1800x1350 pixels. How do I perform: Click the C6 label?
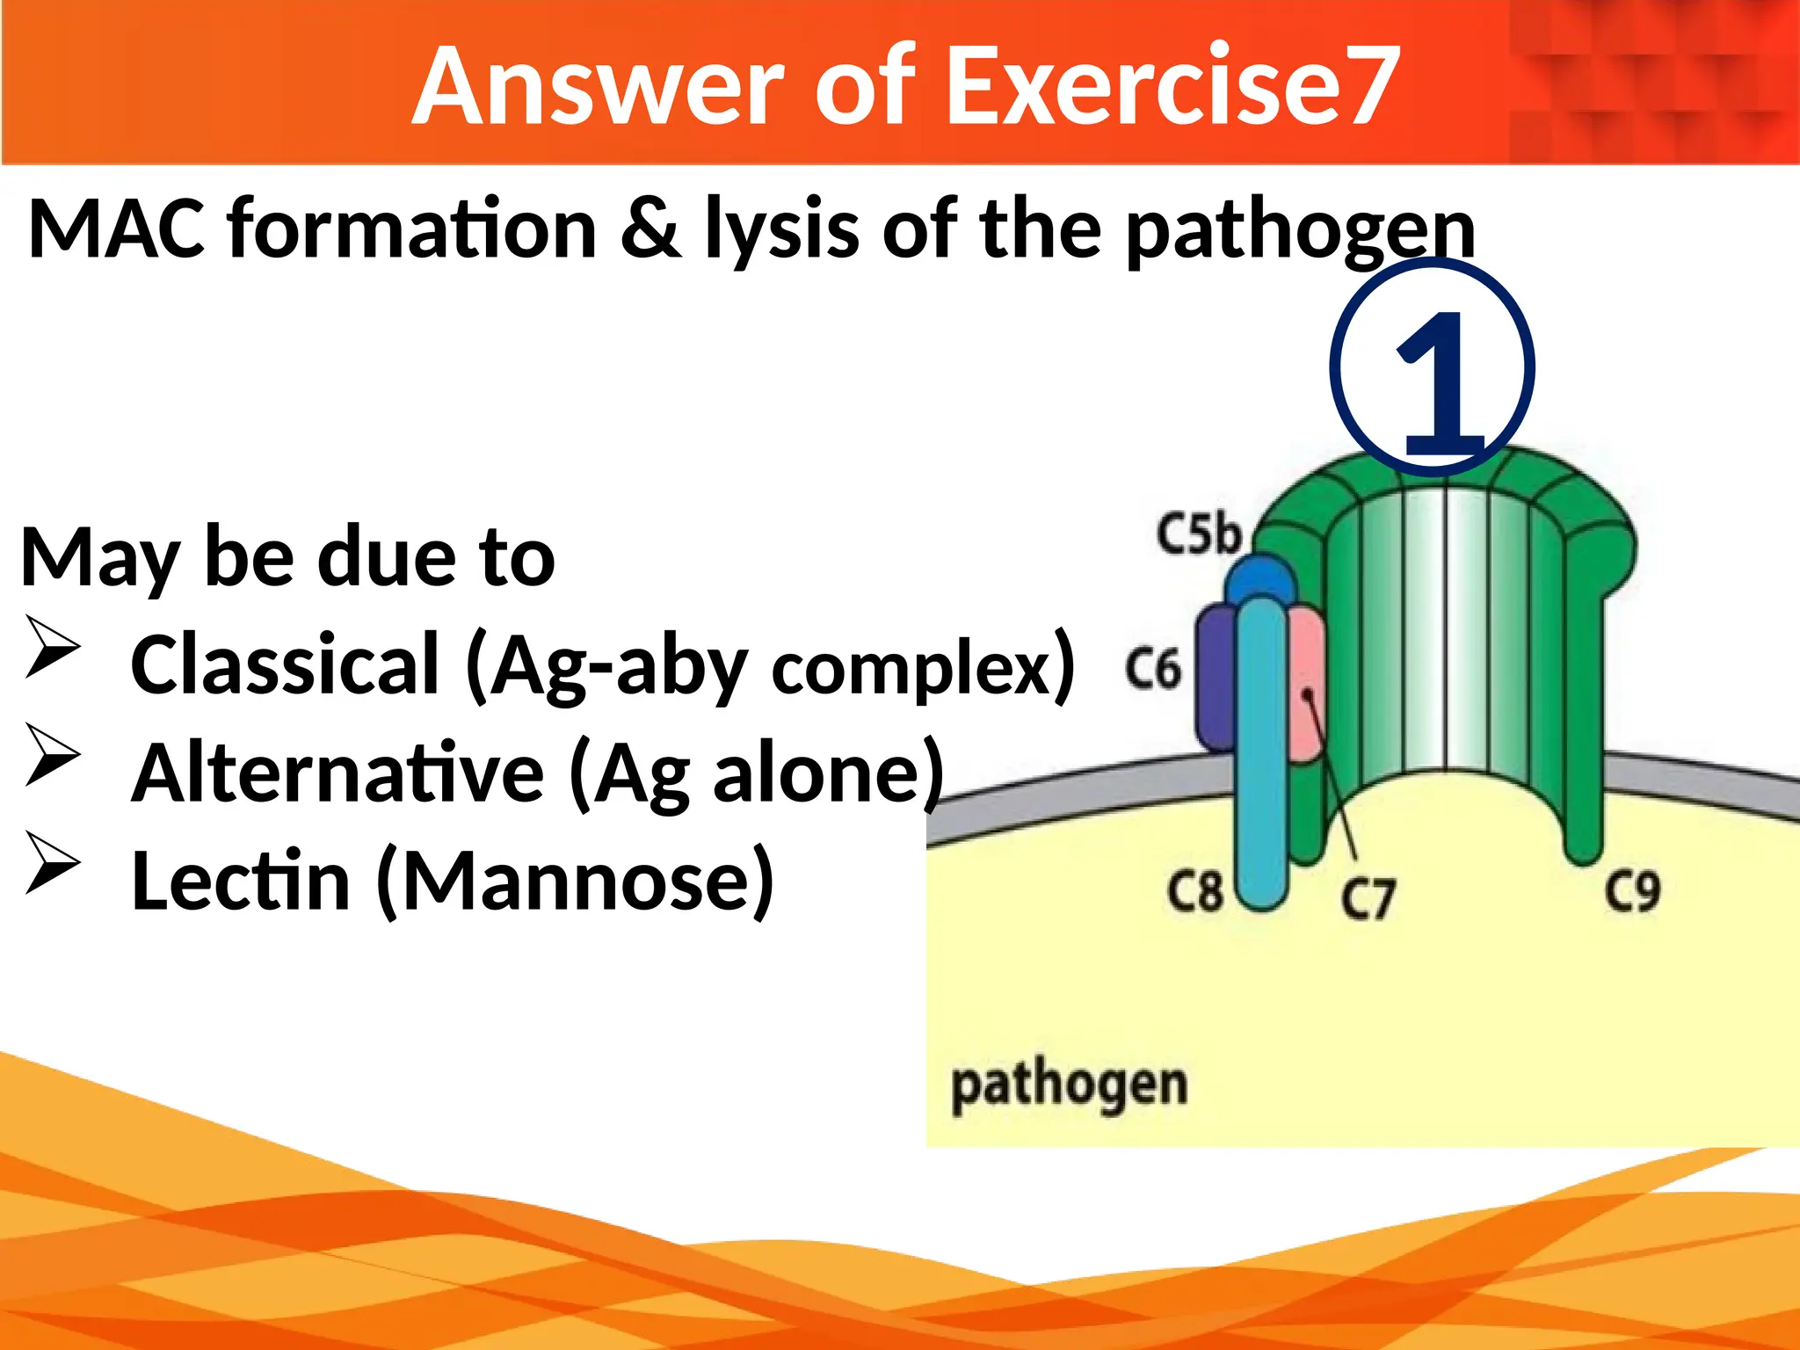coord(1152,669)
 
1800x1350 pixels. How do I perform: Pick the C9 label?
coord(1632,891)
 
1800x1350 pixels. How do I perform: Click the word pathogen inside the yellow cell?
coord(1069,1085)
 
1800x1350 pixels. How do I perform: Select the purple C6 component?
coord(1216,677)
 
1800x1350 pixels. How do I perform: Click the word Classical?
coord(284,664)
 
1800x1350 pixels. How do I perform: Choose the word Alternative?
coord(337,773)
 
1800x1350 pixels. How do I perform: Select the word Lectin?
coord(240,881)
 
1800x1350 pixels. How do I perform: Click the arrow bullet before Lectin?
coord(53,863)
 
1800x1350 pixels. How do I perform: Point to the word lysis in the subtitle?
coord(781,230)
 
